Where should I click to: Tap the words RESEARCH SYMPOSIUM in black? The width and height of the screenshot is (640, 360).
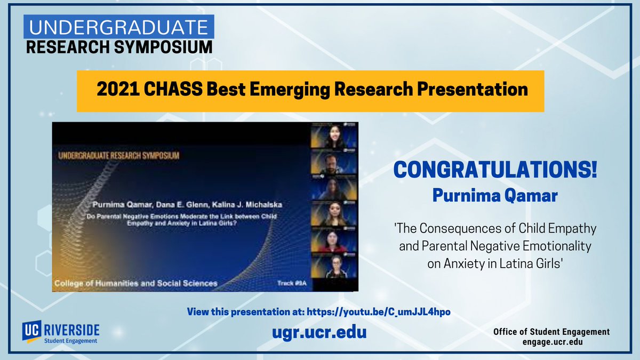tap(118, 47)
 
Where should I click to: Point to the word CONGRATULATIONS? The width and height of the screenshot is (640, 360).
tap(495, 171)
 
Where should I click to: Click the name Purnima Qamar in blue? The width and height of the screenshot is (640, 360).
tap(495, 196)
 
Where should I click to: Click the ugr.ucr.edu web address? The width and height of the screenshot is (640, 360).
tap(319, 332)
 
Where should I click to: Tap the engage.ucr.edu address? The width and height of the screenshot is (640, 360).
tap(551, 342)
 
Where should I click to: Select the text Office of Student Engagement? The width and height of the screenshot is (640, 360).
tap(551, 332)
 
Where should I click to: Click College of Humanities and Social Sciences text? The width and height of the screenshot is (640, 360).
tap(135, 283)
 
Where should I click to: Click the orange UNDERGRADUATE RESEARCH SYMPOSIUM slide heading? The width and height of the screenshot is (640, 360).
tap(115, 155)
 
